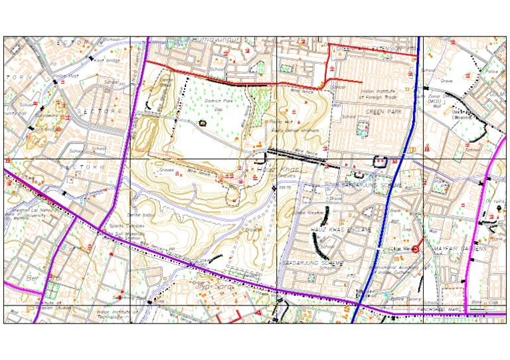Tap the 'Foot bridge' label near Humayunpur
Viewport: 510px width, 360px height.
tap(107, 60)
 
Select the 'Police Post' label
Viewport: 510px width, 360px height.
tap(67, 76)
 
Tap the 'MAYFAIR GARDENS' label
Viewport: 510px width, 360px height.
tap(460, 248)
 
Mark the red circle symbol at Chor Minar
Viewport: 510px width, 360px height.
tap(416, 249)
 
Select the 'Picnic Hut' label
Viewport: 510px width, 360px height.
tap(281, 122)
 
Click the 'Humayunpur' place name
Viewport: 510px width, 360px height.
tap(211, 41)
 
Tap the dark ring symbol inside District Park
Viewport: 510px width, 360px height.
tap(203, 123)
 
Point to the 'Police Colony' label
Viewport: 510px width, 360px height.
tap(401, 299)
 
